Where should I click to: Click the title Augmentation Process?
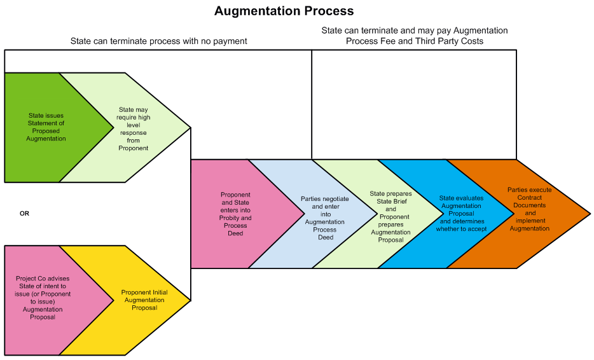(284, 11)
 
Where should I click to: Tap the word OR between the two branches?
(25, 214)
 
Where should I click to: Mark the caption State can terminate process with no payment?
(158, 41)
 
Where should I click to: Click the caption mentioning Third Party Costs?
(415, 36)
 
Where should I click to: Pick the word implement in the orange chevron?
(530, 221)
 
